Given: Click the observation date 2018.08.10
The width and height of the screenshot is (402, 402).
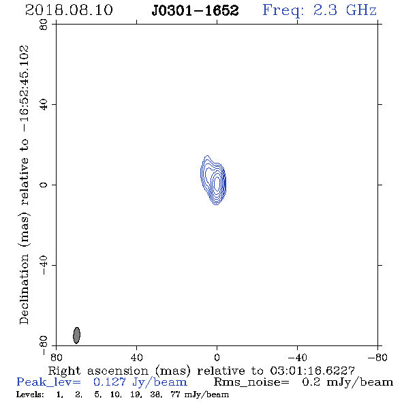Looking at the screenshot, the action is [x=69, y=10].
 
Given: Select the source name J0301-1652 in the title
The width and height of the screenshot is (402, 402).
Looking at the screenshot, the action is [x=195, y=11].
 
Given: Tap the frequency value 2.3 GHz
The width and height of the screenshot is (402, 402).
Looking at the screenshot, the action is [x=345, y=10].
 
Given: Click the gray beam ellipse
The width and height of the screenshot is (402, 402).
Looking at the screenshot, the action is [x=77, y=335].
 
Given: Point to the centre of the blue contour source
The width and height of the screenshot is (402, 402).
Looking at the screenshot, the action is [x=213, y=181].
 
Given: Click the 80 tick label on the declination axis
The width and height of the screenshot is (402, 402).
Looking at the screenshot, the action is [x=44, y=25].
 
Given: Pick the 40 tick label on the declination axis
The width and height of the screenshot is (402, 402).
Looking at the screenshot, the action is [x=44, y=105].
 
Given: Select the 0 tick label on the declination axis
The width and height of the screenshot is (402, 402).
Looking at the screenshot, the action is [x=44, y=185].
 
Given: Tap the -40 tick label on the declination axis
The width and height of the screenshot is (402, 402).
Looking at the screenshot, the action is [x=44, y=265].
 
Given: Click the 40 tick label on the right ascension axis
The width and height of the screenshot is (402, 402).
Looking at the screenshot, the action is [x=136, y=358].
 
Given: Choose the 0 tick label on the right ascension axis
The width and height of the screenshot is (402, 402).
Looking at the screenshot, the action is [x=217, y=358].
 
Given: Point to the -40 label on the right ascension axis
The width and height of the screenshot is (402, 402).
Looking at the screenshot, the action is [x=298, y=358].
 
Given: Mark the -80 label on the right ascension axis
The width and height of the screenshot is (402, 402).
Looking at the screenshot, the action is [x=378, y=358].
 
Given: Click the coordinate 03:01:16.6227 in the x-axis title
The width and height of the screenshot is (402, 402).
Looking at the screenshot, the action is [x=312, y=371].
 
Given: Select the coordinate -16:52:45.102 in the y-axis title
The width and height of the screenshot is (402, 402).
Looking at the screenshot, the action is [x=25, y=89].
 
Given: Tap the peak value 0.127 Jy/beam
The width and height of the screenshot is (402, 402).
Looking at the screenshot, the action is [x=140, y=382].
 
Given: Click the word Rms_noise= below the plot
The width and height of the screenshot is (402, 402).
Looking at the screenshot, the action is [x=251, y=382].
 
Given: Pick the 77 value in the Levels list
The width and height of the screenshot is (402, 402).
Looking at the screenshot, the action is [x=175, y=395].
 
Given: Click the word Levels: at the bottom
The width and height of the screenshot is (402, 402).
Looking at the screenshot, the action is [x=30, y=395].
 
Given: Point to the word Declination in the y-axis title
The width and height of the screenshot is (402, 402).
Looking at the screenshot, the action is [x=25, y=289].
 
